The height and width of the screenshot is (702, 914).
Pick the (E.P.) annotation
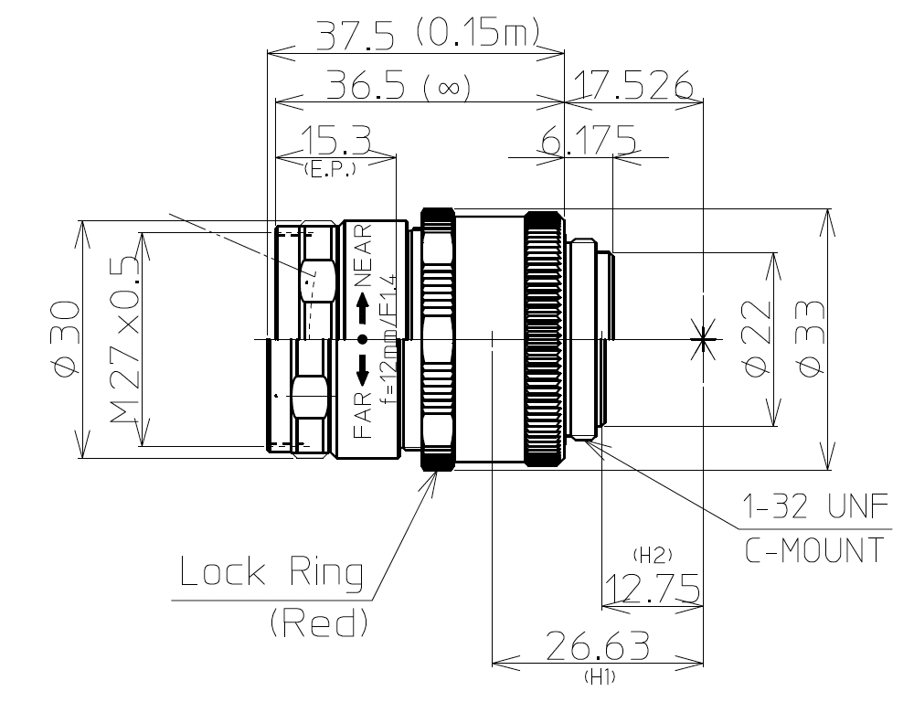click(326, 169)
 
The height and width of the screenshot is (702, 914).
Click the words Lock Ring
click(271, 573)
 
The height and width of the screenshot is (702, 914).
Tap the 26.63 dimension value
click(597, 646)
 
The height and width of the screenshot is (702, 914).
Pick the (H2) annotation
click(652, 555)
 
